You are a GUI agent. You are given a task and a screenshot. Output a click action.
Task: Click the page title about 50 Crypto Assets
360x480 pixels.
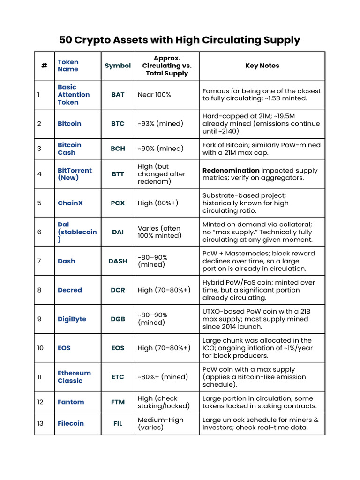[180, 40]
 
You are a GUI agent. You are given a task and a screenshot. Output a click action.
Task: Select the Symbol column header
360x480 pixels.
[118, 66]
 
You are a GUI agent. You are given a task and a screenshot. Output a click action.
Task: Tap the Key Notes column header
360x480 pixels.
[262, 66]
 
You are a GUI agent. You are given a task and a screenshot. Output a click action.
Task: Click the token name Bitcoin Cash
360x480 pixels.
[69, 149]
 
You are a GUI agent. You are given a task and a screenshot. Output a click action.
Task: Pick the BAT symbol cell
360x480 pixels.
[118, 95]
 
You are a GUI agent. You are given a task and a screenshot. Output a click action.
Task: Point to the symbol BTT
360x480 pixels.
[118, 174]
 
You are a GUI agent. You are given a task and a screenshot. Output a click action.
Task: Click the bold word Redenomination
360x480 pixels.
[231, 170]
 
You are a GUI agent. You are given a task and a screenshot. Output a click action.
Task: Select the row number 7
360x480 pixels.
[39, 261]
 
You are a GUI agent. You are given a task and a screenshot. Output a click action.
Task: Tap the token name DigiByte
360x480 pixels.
[72, 319]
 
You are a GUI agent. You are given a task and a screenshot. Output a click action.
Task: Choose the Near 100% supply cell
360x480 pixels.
[154, 95]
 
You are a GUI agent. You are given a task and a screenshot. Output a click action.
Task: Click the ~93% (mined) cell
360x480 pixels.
[160, 124]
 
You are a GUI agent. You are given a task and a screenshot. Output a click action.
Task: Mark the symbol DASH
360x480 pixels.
[118, 261]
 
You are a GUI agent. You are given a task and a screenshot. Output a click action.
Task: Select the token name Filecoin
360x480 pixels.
[71, 423]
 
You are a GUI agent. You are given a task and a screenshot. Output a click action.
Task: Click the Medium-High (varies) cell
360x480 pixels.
[160, 423]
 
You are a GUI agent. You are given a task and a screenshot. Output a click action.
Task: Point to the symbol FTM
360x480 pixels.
[118, 402]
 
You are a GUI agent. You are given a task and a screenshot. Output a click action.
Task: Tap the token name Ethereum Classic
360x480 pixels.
[74, 376]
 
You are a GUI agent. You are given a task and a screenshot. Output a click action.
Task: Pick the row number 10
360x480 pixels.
[40, 348]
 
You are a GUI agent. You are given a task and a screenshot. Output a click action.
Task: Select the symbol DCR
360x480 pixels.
[118, 290]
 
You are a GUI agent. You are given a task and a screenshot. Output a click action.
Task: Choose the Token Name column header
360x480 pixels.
[68, 66]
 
